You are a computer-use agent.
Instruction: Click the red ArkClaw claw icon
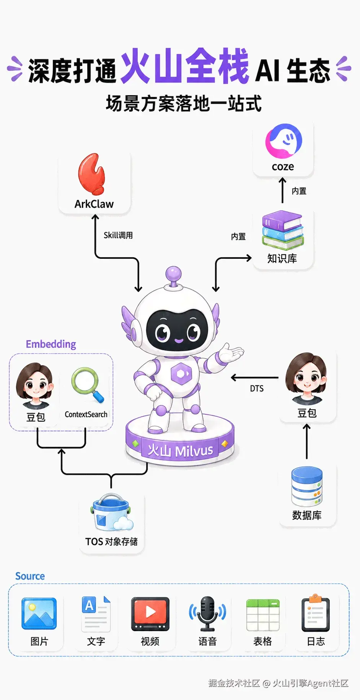91,174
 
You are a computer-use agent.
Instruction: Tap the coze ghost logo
283,141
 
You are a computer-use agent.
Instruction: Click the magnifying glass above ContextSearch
88,385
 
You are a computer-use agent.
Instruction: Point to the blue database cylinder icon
307,486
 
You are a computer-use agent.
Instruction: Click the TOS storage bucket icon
112,512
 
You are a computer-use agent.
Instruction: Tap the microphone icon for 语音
207,614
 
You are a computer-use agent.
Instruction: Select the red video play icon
150,614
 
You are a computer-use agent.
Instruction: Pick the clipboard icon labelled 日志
316,613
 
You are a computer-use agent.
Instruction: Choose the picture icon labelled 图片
39,614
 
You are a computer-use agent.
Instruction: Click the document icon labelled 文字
96,614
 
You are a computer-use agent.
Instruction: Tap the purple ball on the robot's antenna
174,274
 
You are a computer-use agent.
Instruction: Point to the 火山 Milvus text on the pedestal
180,450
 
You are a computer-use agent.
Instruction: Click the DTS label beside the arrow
257,388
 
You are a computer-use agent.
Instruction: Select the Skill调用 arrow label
118,235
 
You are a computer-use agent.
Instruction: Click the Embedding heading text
51,344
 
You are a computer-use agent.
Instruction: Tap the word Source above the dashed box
30,576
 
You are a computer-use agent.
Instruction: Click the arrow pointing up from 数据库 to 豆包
307,441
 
